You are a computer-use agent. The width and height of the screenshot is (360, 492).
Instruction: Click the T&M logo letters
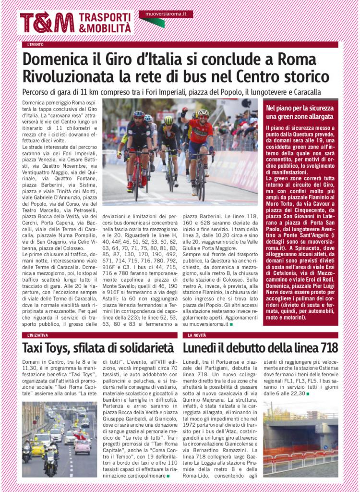(47, 23)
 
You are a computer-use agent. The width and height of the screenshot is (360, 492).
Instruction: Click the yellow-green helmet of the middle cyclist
(168, 120)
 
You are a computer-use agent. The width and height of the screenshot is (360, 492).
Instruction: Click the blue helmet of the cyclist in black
(139, 114)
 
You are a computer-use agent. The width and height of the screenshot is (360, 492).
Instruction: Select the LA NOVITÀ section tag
(196, 334)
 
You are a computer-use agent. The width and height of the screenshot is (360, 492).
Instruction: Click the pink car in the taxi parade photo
(82, 446)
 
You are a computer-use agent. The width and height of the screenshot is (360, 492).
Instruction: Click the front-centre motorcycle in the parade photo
(50, 465)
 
